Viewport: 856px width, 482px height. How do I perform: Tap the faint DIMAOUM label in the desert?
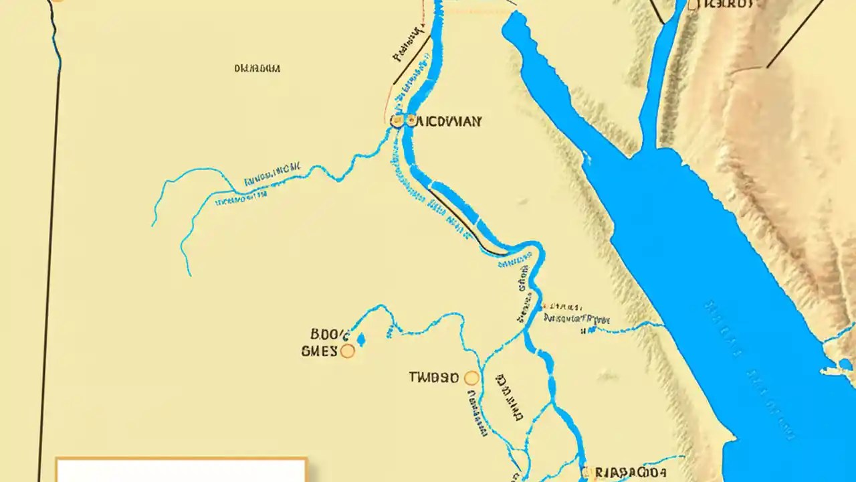click(x=257, y=68)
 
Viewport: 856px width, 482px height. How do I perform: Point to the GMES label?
click(x=320, y=351)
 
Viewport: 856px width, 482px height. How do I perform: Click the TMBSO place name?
click(x=433, y=378)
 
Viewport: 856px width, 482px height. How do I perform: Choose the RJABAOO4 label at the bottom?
click(x=632, y=473)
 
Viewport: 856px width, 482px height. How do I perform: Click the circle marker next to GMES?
click(x=347, y=351)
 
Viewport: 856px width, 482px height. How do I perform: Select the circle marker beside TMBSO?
click(x=471, y=378)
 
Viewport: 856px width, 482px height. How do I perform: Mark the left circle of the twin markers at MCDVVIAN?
click(x=397, y=121)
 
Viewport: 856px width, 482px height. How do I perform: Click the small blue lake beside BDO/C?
click(x=361, y=339)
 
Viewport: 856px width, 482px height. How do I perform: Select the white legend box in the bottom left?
click(x=181, y=470)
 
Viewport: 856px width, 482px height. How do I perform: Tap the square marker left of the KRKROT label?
click(x=693, y=5)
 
